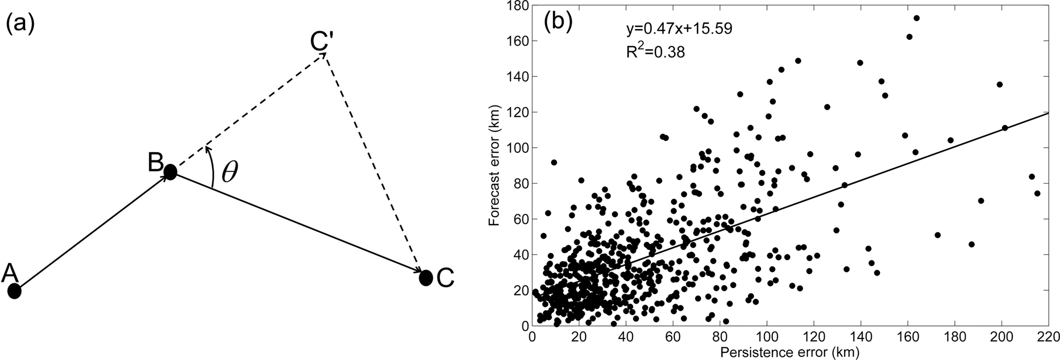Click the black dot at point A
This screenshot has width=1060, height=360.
[x=14, y=291]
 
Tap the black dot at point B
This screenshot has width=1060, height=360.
[x=170, y=172]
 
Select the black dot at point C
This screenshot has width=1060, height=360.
[x=426, y=278]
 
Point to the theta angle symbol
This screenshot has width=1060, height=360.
[x=230, y=173]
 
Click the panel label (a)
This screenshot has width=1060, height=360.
[x=20, y=24]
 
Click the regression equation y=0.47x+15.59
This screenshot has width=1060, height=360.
[x=679, y=29]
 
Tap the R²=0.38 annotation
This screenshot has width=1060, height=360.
[x=655, y=51]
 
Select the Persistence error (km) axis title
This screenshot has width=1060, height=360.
[x=789, y=352]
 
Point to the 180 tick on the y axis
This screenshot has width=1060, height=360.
[x=515, y=6]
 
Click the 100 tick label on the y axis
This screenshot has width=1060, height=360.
[x=515, y=148]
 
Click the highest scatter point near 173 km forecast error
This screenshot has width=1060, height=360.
[x=916, y=18]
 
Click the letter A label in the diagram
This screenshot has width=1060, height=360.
[x=10, y=273]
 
